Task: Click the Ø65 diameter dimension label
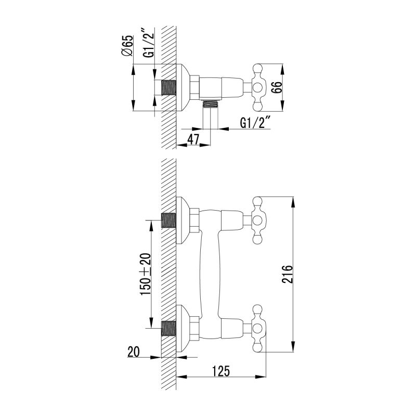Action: point(127,46)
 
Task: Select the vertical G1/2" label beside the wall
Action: point(149,43)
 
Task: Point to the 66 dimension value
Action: point(276,87)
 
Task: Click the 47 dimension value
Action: point(193,139)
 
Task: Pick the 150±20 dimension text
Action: point(146,274)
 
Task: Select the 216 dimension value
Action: point(288,274)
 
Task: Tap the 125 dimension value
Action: point(221,371)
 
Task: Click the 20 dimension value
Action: point(134,352)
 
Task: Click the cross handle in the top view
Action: point(258,87)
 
